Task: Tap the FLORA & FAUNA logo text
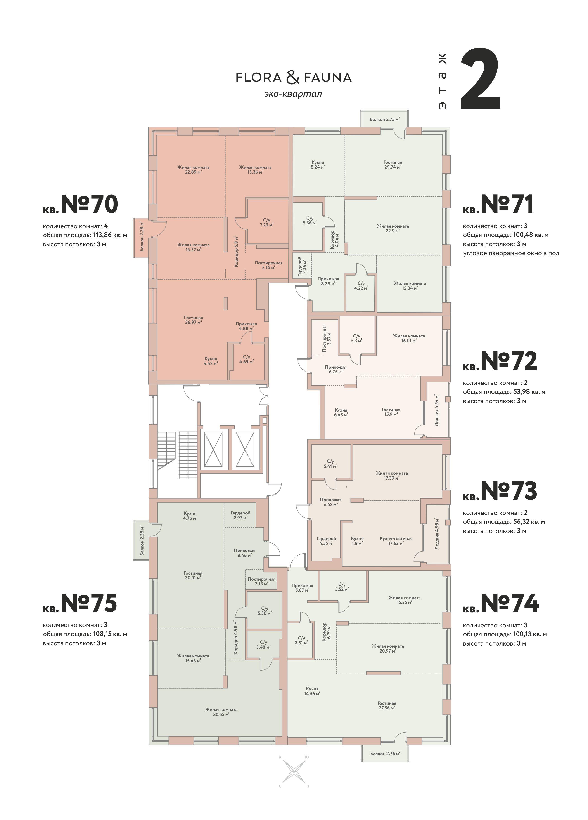click(294, 77)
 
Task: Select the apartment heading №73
click(508, 491)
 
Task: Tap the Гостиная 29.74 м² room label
click(393, 165)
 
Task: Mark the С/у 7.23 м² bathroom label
click(266, 222)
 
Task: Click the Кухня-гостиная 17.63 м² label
click(396, 540)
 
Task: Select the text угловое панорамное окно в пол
click(511, 253)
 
